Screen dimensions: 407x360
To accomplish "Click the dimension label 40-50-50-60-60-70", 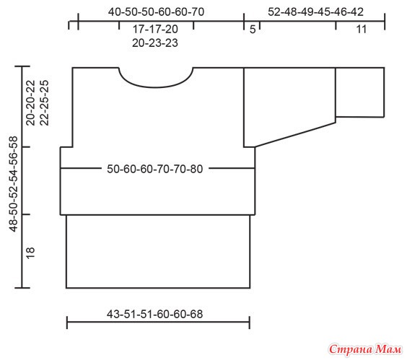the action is coord(156,12).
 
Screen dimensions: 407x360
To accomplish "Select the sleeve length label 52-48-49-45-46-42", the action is coord(315,12).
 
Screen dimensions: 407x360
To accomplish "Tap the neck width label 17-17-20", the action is coord(155,29).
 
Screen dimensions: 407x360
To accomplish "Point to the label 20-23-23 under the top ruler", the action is coord(155,43).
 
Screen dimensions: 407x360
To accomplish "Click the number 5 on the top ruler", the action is coord(253,30).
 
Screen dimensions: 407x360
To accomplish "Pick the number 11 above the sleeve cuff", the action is coord(362,30).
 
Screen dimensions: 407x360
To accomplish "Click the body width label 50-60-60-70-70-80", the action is coord(155,169).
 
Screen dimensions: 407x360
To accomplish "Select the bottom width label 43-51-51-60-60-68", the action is coord(154,314).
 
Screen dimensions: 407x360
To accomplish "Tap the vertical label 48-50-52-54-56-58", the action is coord(14,183).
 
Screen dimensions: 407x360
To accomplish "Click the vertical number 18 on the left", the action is coord(30,253).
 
